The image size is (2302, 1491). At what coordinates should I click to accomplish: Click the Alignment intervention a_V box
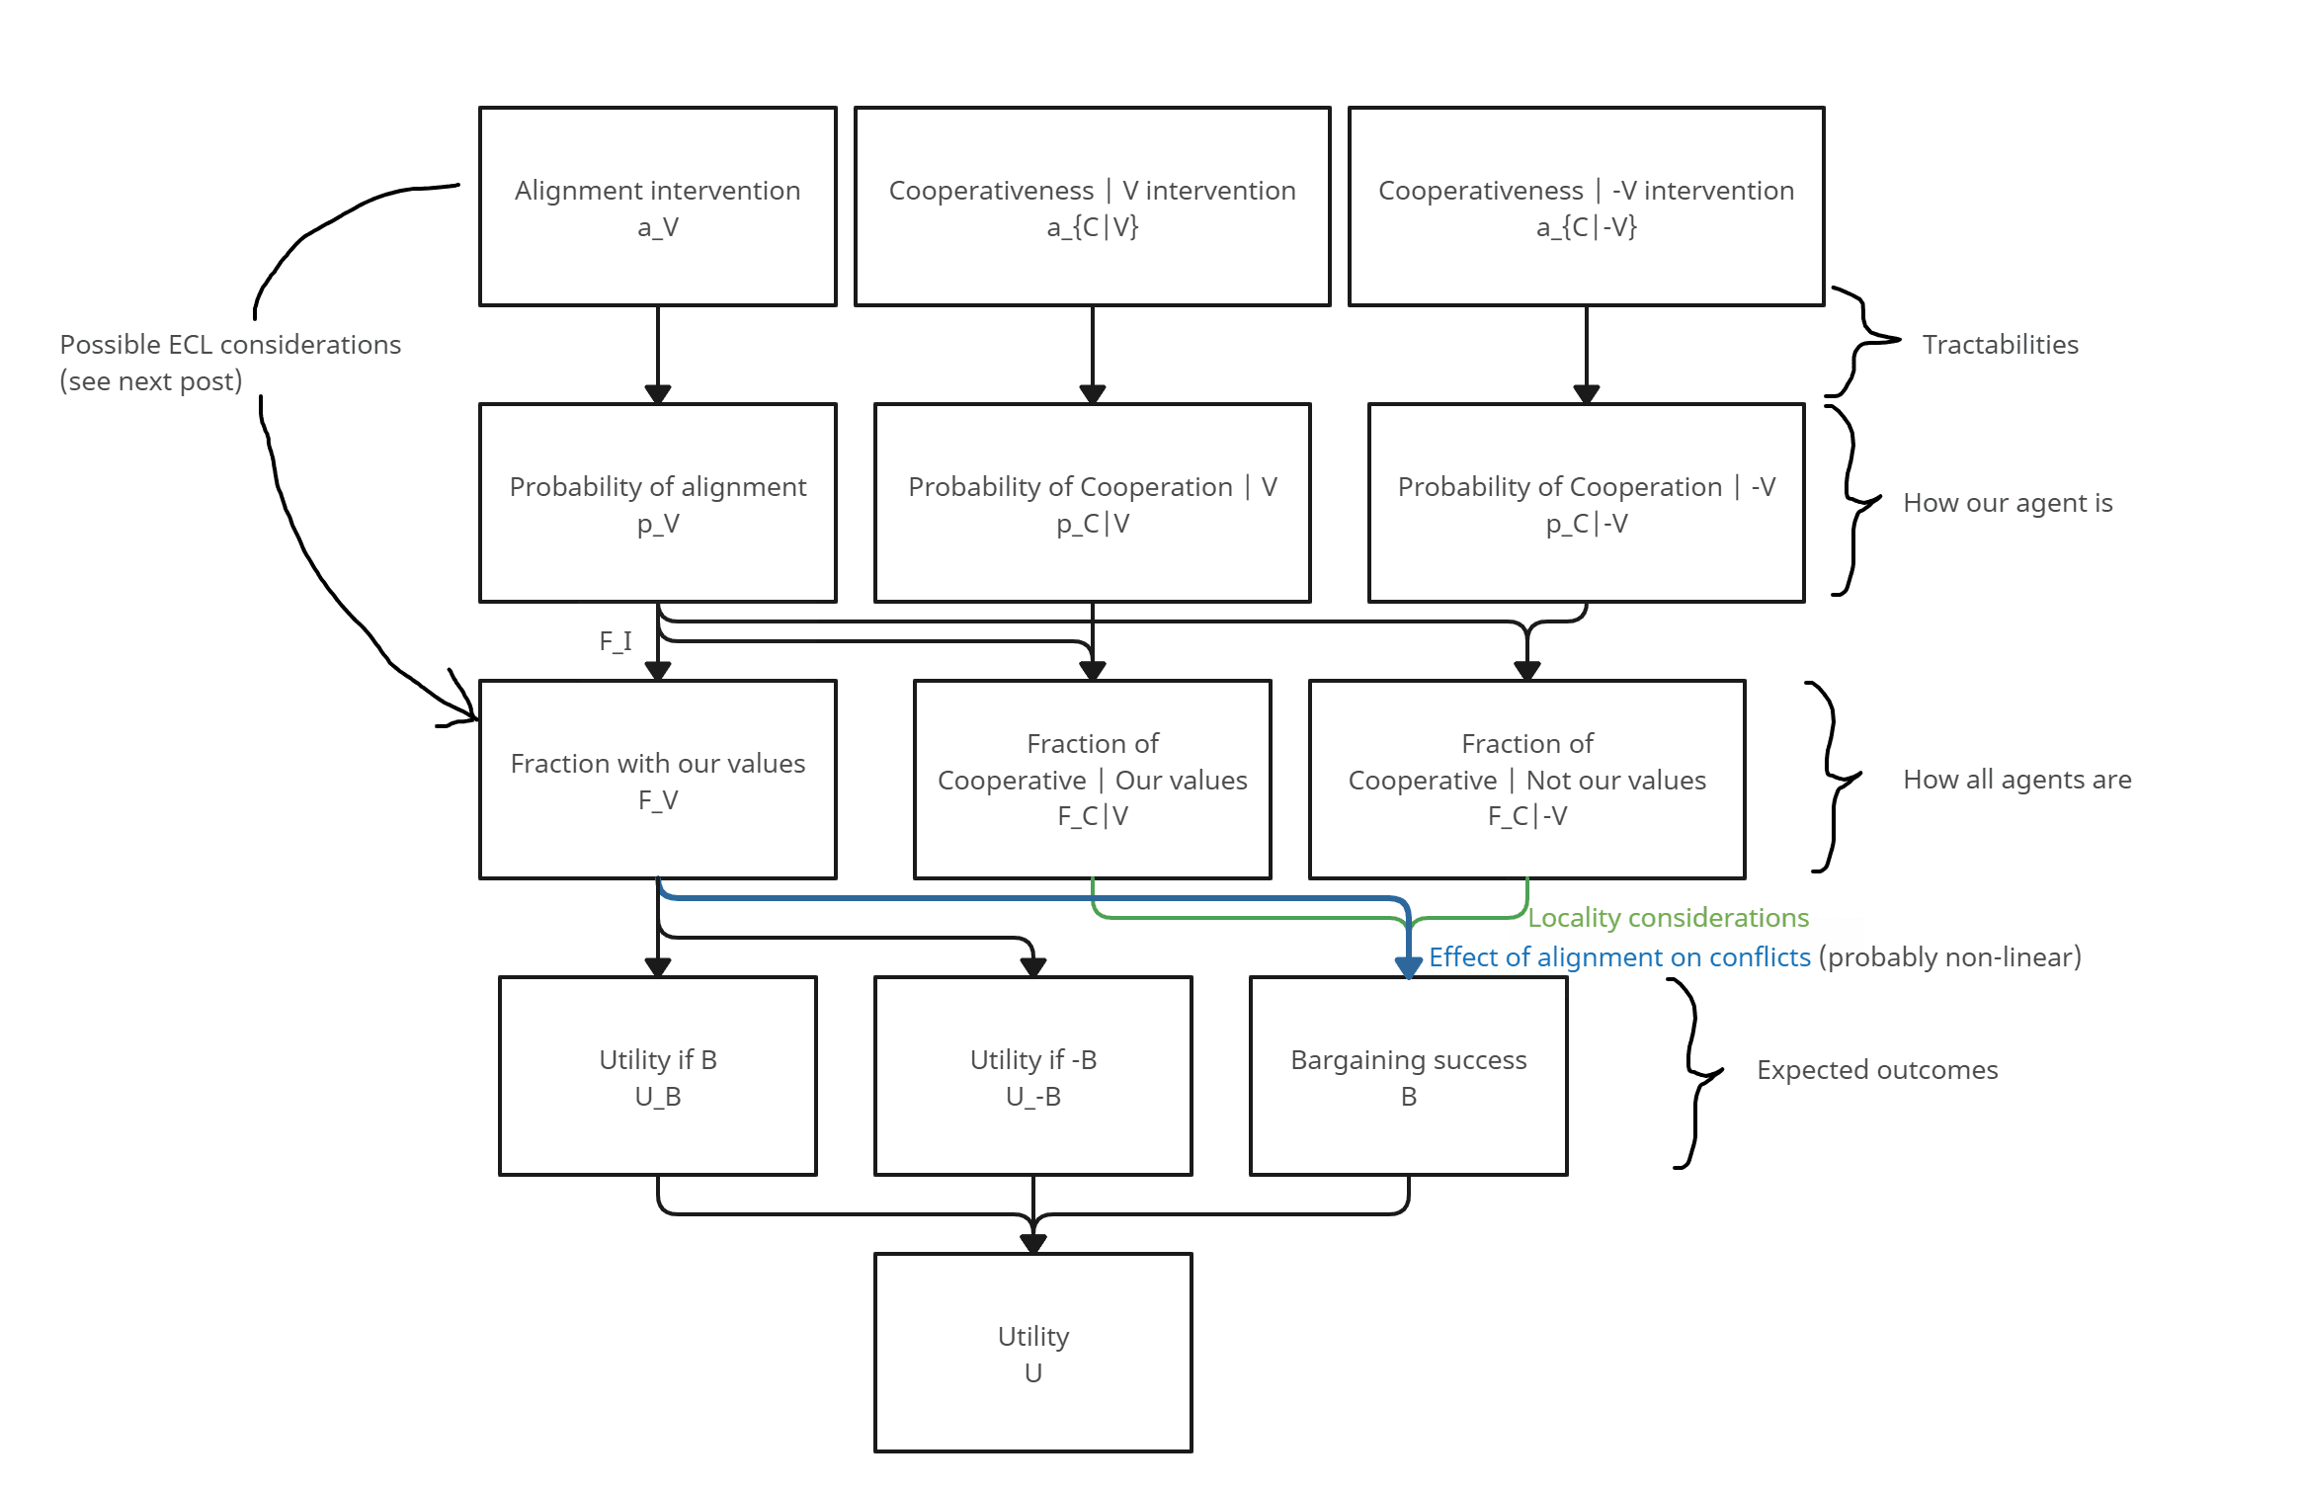coord(658,207)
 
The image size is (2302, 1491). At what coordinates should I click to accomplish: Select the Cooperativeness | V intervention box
coord(1092,207)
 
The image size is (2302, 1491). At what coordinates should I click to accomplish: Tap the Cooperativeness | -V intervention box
coord(1586,207)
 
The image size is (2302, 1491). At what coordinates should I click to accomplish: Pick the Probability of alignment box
coord(658,503)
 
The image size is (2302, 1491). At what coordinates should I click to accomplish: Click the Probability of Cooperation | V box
coord(1092,503)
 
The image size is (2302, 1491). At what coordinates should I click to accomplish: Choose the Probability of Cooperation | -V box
coord(1586,503)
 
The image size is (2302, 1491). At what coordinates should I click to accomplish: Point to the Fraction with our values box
coord(658,780)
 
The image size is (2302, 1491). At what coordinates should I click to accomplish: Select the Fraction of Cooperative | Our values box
coord(1092,780)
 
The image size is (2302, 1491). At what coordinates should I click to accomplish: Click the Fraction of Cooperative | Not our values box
coord(1526,780)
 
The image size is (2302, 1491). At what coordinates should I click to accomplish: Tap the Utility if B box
coord(658,1076)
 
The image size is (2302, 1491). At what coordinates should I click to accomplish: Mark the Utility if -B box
coord(1032,1076)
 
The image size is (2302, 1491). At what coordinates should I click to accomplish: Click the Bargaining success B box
coord(1408,1076)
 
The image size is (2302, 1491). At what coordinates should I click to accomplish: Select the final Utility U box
coord(1032,1353)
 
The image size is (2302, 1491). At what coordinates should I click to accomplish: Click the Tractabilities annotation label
coord(2001,345)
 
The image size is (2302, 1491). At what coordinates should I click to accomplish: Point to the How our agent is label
coord(2008,503)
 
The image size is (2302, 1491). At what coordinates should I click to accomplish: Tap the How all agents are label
coord(2016,780)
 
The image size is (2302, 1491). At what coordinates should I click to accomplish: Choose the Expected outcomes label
coord(1877,1070)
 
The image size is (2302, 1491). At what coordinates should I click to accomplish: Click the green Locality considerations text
coord(1668,918)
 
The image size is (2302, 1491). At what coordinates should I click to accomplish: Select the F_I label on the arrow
coord(616,641)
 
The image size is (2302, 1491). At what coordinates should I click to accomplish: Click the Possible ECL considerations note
coord(230,363)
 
